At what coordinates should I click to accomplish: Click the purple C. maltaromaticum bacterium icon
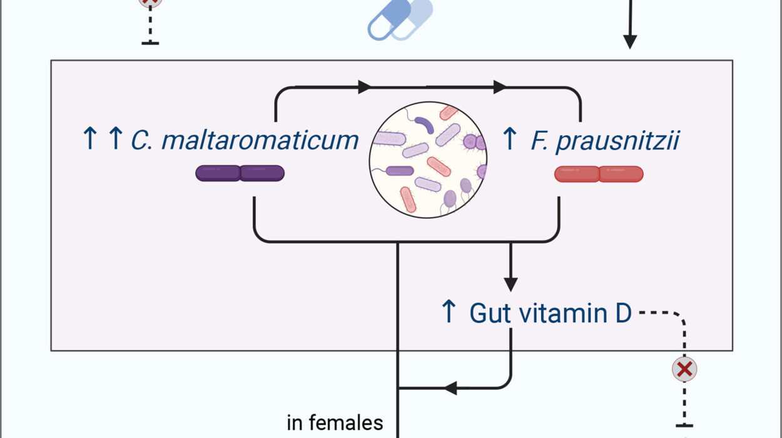pos(240,173)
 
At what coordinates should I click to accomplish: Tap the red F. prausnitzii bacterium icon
pos(599,174)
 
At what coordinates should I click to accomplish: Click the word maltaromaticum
pos(260,140)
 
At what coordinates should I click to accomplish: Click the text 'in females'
pos(335,423)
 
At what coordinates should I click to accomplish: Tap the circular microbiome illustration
pos(428,160)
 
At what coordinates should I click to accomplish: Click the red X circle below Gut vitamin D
pos(685,370)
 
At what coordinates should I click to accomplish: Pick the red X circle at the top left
pos(151,2)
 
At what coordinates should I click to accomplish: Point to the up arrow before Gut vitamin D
pos(449,312)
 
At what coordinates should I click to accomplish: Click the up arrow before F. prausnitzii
pos(510,138)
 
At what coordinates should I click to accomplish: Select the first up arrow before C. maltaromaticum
pos(89,139)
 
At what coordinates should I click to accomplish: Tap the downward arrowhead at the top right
pos(630,41)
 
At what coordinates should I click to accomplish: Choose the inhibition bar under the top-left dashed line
pos(151,43)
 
